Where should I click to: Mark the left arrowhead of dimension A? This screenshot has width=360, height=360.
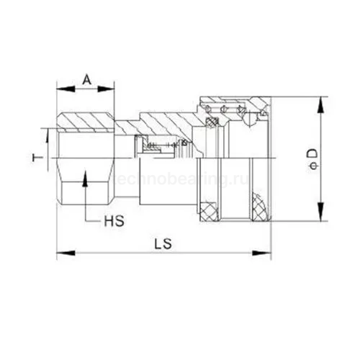60,89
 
